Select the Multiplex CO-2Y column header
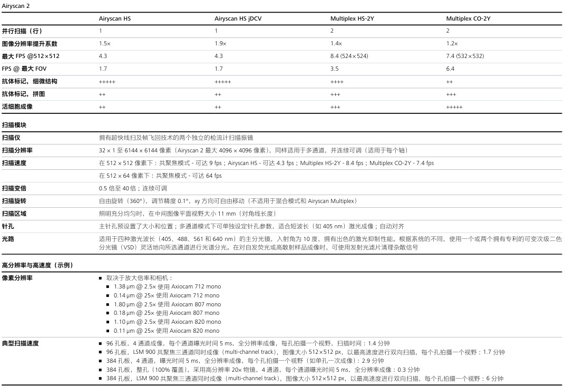pos(468,18)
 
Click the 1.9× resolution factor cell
pos(220,43)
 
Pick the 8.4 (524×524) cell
pos(349,56)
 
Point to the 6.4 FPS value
pos(450,69)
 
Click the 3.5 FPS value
pos(334,69)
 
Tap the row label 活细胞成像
pos(17,107)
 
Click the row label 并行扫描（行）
pos(22,31)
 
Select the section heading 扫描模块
pos(14,126)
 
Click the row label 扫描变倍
pos(14,188)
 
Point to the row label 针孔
pos(8,226)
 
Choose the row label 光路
pos(8,239)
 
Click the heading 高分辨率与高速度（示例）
pos(37,265)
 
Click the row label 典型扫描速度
pos(20,343)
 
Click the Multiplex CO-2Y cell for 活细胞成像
pos(454,107)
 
